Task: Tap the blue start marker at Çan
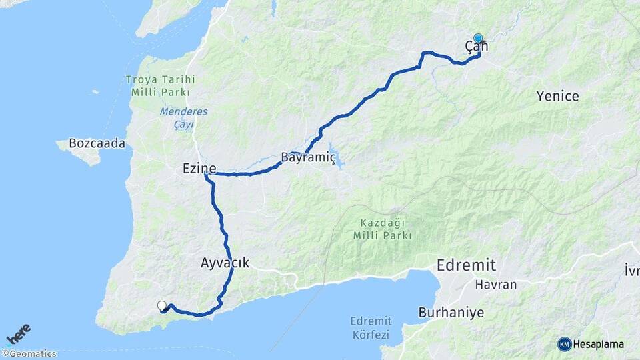click(478, 39)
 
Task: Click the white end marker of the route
click(161, 305)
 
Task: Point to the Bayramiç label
click(303, 159)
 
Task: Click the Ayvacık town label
click(225, 263)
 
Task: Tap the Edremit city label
click(466, 265)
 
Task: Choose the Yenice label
click(557, 96)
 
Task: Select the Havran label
click(496, 285)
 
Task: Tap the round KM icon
click(564, 344)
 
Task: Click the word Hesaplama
click(598, 344)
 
